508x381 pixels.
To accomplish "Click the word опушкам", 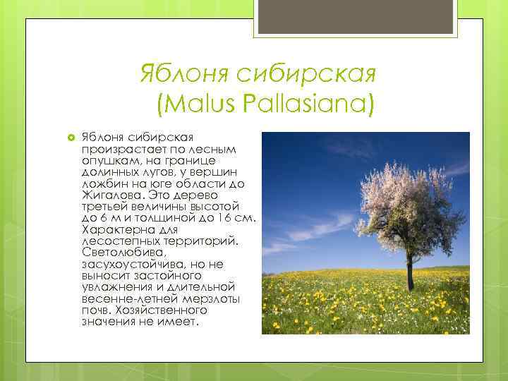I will [106, 160].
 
